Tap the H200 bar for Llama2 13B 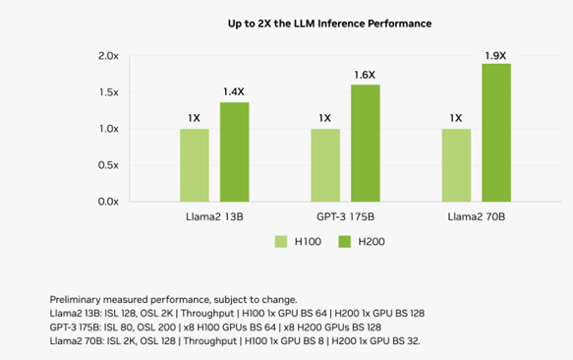point(234,152)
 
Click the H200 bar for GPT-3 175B point(365,144)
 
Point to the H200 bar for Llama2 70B point(495,133)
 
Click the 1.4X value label point(234,91)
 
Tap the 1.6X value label point(365,74)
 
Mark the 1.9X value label point(495,55)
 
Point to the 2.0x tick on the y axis point(107,56)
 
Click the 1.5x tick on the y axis point(107,92)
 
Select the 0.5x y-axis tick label point(107,165)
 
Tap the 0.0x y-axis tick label point(107,202)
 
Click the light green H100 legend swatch point(279,242)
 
